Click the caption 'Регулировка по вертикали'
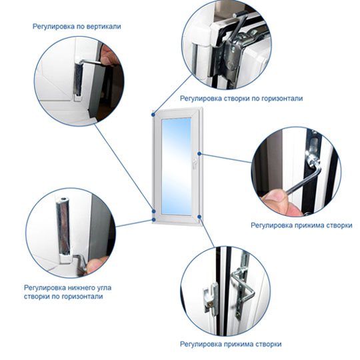(x=77, y=27)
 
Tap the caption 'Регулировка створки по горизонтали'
(x=241, y=99)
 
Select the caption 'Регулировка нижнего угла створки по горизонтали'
(x=67, y=292)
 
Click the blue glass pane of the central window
(x=176, y=167)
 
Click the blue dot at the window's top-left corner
(x=153, y=114)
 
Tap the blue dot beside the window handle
(x=199, y=153)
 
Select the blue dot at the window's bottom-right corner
(x=199, y=217)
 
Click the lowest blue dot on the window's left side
(x=153, y=220)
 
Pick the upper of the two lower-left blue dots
(x=153, y=211)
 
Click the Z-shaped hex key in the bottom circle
(x=243, y=287)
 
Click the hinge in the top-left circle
(x=78, y=79)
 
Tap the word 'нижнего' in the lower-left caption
(x=78, y=288)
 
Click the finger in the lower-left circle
(x=96, y=264)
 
